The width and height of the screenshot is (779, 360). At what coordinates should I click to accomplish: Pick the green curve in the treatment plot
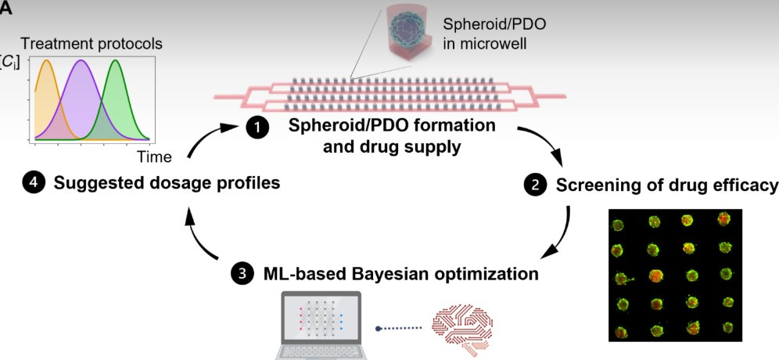coord(116,63)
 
